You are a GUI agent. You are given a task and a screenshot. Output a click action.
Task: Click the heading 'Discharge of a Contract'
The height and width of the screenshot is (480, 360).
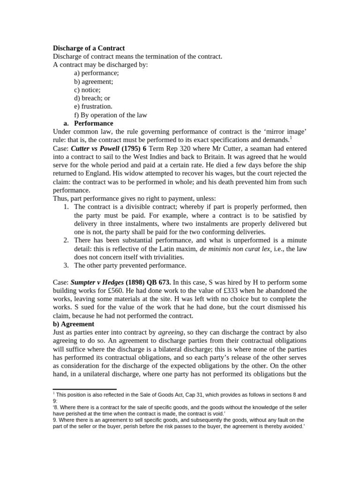89,48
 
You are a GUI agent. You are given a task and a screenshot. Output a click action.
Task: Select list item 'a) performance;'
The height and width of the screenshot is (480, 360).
96,73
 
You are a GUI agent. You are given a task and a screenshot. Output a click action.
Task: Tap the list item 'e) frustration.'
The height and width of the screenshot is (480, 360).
93,106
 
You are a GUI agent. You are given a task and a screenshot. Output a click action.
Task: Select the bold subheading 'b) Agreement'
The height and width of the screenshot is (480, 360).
74,324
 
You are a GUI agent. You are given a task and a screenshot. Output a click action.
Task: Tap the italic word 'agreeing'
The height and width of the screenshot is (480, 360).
169,332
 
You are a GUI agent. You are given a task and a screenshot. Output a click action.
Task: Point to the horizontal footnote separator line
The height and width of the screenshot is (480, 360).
84,389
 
